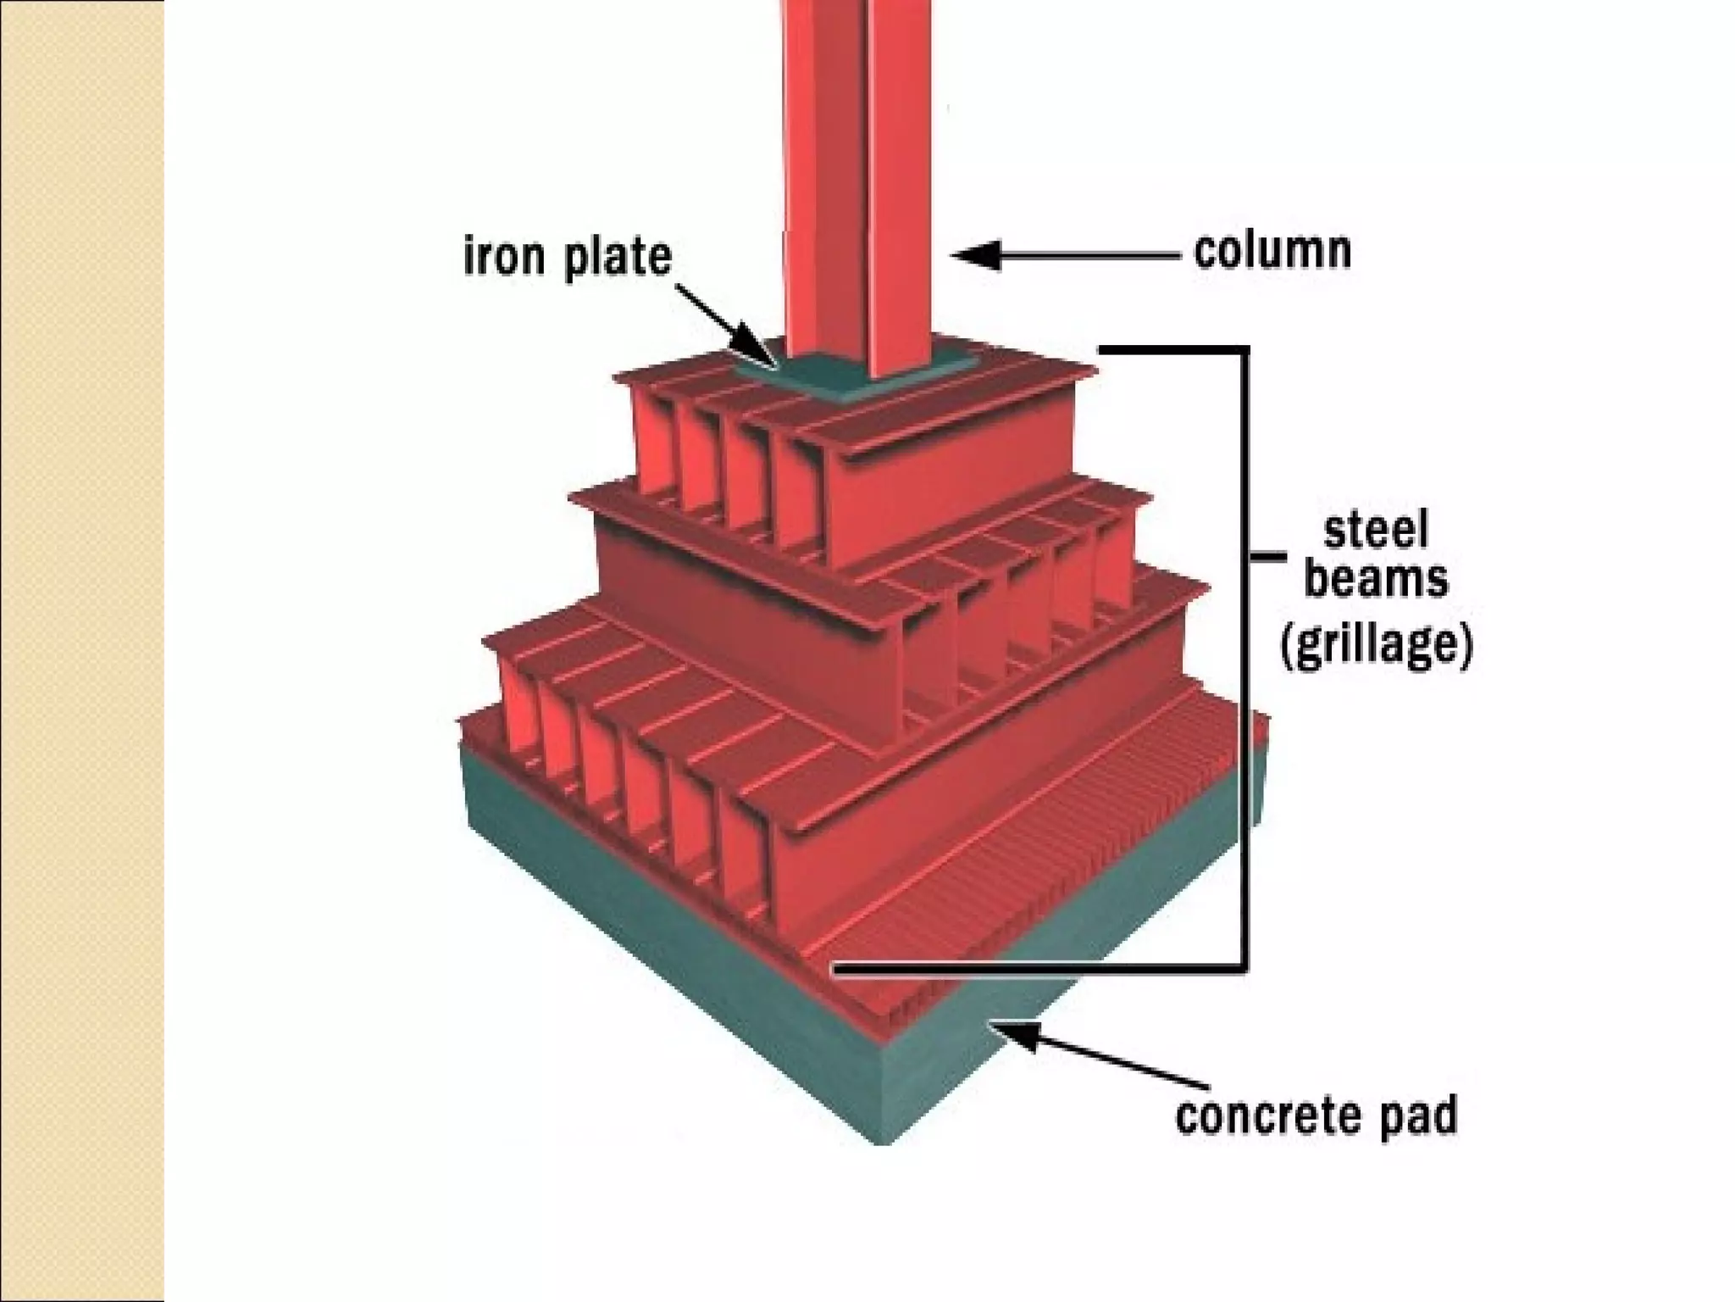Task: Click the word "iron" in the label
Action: tap(503, 257)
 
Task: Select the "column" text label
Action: tap(1272, 252)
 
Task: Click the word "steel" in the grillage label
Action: tap(1376, 531)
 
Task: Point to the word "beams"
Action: tap(1376, 581)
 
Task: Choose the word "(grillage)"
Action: tap(1376, 646)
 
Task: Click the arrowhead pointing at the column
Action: tap(974, 254)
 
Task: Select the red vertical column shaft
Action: tap(856, 170)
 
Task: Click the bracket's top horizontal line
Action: tap(1173, 348)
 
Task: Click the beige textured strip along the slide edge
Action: tap(81, 651)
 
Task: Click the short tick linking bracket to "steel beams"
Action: tap(1268, 557)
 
